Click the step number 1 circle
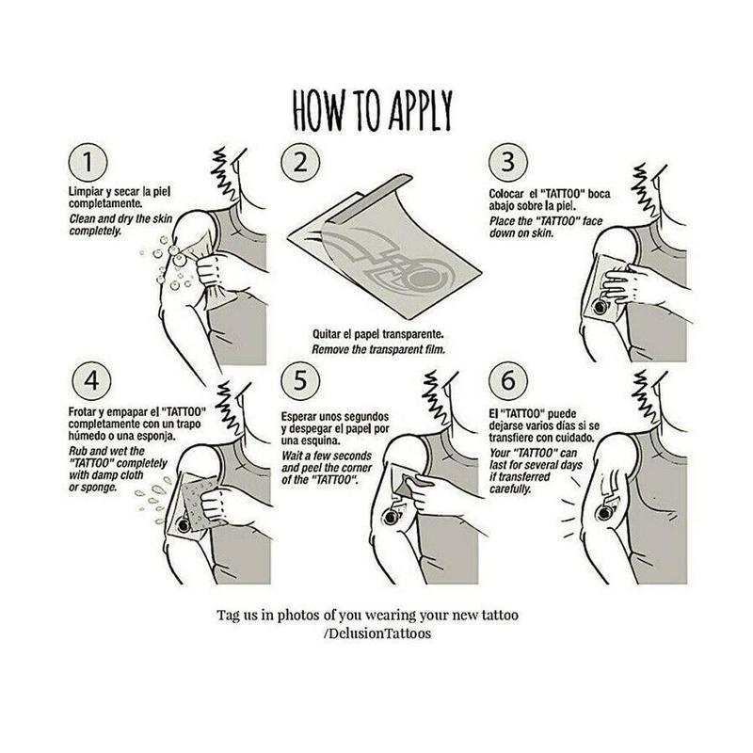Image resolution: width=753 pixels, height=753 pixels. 88,162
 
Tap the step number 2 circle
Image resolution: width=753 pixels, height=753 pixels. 300,162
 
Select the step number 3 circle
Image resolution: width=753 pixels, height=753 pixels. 508,162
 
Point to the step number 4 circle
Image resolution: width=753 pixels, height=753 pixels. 91,381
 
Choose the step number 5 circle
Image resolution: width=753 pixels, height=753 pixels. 300,381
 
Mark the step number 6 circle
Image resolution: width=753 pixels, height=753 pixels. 508,381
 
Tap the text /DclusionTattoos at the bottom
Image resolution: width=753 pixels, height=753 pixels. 377,633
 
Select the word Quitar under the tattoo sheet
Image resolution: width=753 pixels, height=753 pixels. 327,334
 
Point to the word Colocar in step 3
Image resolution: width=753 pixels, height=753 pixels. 506,194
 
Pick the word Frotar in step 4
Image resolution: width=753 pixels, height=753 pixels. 83,412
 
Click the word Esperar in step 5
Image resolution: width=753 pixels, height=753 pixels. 298,416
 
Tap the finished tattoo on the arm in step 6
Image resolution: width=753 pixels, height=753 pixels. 604,511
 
